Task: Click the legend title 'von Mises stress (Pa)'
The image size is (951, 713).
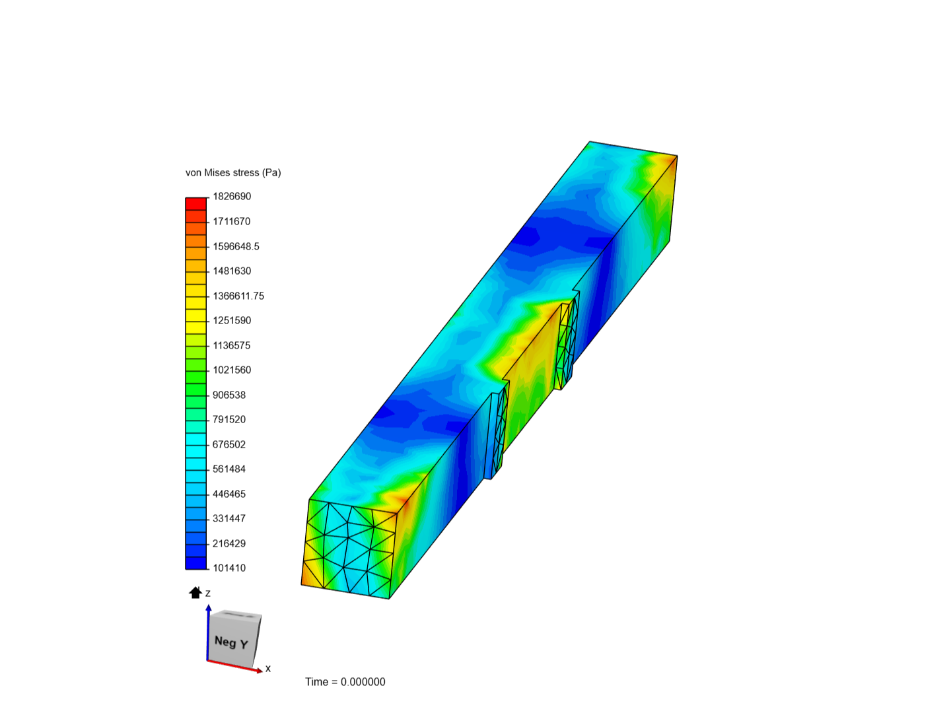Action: [x=233, y=173]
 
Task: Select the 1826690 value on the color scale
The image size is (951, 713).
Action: [x=232, y=197]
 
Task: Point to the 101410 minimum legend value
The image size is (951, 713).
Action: [x=229, y=568]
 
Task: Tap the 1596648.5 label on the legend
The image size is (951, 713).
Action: [x=236, y=246]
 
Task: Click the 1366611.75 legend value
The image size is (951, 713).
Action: [x=238, y=296]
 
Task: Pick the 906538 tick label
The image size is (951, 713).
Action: [x=229, y=395]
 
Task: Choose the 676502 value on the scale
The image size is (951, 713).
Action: [x=229, y=444]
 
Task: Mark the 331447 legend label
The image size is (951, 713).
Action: [x=229, y=519]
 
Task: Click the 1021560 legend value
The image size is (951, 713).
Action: [x=232, y=370]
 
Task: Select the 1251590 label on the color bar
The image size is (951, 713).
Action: [x=232, y=321]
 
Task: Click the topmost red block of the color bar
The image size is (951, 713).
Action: [x=196, y=203]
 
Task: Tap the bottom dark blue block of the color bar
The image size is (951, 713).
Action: [x=196, y=563]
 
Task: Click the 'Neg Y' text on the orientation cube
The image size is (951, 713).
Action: [x=231, y=642]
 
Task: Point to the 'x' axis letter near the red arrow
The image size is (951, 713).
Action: [x=268, y=669]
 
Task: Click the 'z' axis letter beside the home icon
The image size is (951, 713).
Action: [x=208, y=594]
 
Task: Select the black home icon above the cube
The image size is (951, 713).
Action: [x=195, y=592]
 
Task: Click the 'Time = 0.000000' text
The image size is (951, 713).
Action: [x=345, y=682]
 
